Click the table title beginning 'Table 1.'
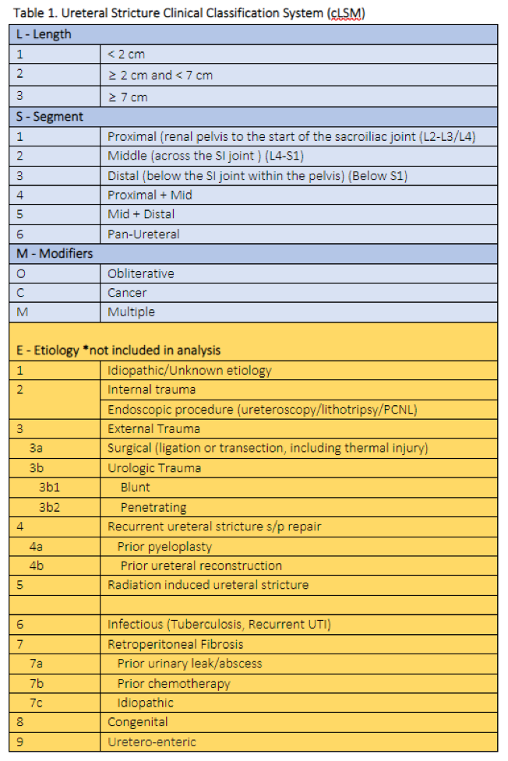point(188,13)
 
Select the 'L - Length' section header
point(46,34)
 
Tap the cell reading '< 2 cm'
point(126,55)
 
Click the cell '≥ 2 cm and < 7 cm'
point(160,76)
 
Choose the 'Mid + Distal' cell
point(140,214)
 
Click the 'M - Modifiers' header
point(54,254)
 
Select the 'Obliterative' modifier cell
point(141,273)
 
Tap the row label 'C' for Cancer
point(21,293)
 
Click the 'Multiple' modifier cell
point(131,312)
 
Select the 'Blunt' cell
point(135,488)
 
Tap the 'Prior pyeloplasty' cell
point(164,546)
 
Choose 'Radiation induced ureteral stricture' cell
point(208,585)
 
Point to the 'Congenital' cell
point(138,723)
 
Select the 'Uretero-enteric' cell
point(152,742)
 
